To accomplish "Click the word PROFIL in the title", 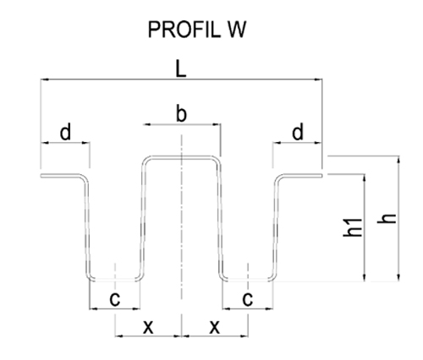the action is pos(184,30).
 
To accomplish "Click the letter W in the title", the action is pos(237,30).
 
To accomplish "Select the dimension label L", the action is pos(180,69).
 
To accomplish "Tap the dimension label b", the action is pos(181,113).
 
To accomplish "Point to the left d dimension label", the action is pos(65,132).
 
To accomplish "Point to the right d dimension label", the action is pos(298,132).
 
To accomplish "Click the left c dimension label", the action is pos(115,299).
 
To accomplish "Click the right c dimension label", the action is pos(248,299).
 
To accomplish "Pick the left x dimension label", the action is pos(148,327).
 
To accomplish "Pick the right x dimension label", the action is pos(215,327).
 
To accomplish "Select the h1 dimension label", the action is pos(353,227).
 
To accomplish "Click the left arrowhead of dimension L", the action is pos(45,79).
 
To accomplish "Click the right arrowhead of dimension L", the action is pos(319,79).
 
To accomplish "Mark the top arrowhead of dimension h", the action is pos(398,160).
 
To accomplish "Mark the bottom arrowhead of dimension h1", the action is pos(365,277).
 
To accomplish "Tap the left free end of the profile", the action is pos(41,176).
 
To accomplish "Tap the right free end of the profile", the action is pos(321,176).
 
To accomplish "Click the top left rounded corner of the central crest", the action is pos(146,161).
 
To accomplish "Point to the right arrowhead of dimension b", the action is pos(217,124).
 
